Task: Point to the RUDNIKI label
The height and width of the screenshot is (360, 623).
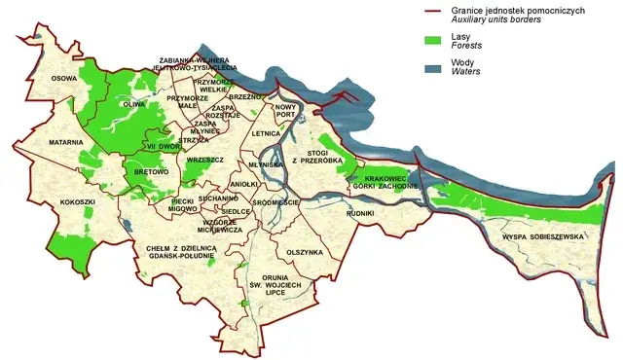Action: [359, 212]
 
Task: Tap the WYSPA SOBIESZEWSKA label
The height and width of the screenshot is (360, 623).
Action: [541, 236]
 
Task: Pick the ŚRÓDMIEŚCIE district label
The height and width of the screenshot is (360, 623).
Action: [275, 202]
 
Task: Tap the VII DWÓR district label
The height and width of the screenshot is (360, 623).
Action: [158, 146]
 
